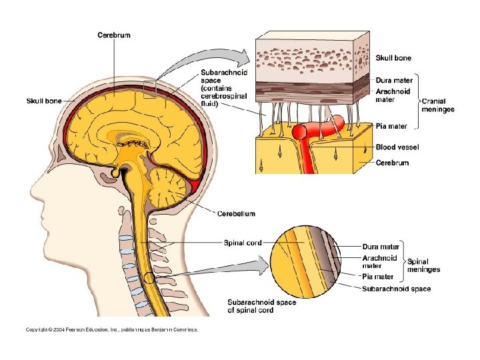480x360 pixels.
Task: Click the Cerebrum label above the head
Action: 113,35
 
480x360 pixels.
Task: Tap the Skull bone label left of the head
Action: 43,101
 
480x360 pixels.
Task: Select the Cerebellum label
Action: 236,213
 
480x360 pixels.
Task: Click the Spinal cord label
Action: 242,243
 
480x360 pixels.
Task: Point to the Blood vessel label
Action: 397,147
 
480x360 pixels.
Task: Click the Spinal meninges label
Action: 424,266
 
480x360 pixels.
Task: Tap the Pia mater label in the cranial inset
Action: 391,125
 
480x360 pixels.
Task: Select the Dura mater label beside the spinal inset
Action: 381,247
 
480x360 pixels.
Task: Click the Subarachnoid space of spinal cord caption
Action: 262,306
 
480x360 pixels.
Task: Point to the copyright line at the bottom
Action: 111,329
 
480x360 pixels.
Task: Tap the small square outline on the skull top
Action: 149,89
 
